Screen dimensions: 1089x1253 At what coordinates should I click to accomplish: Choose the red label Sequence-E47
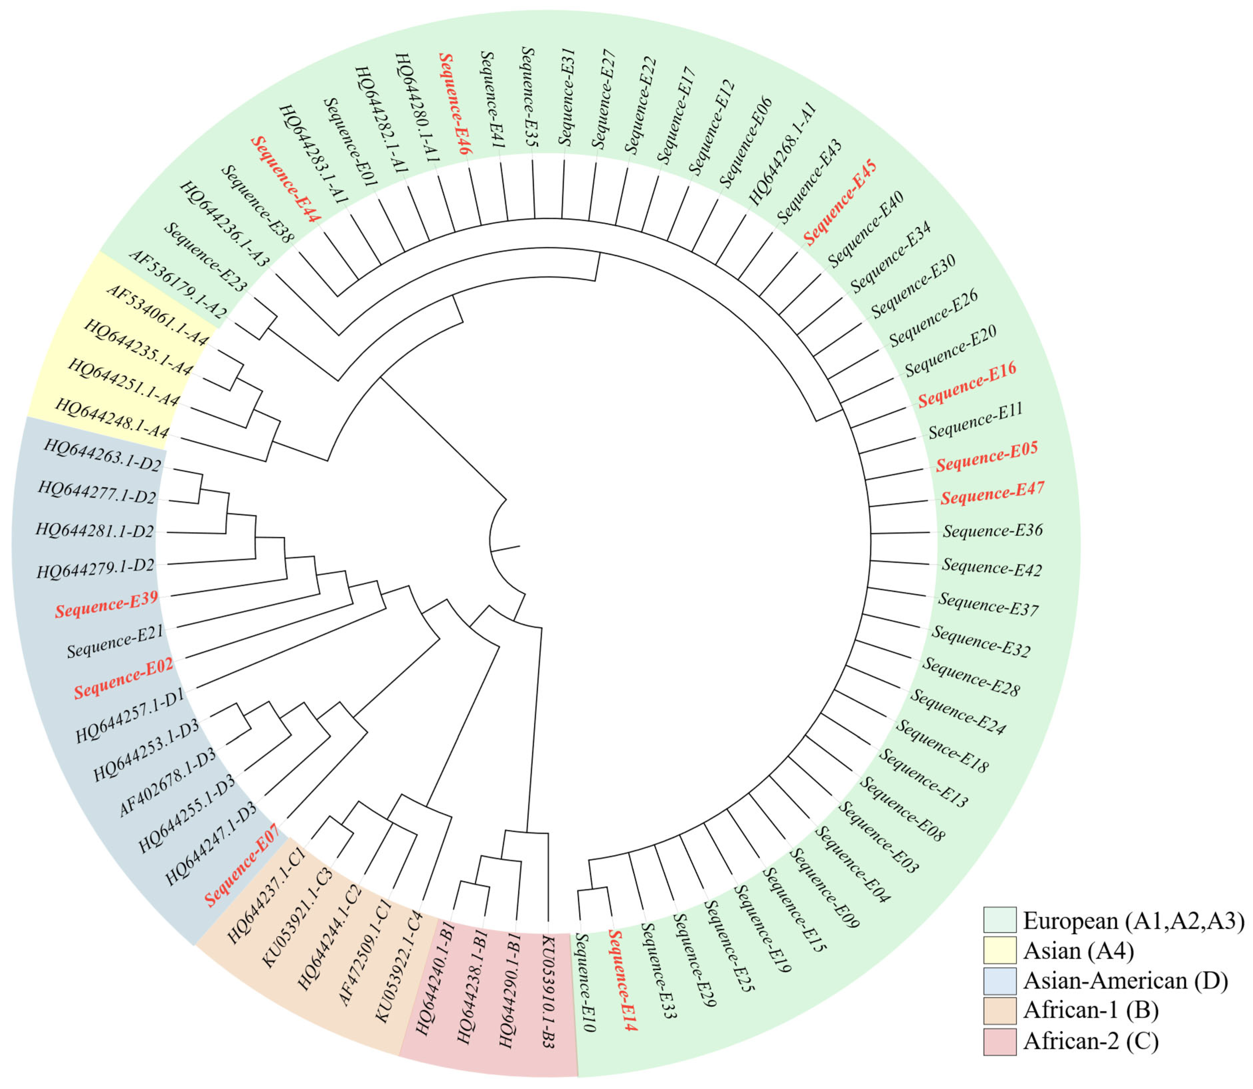tap(992, 493)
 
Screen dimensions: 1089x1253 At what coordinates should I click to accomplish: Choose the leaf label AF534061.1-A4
tap(157, 315)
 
